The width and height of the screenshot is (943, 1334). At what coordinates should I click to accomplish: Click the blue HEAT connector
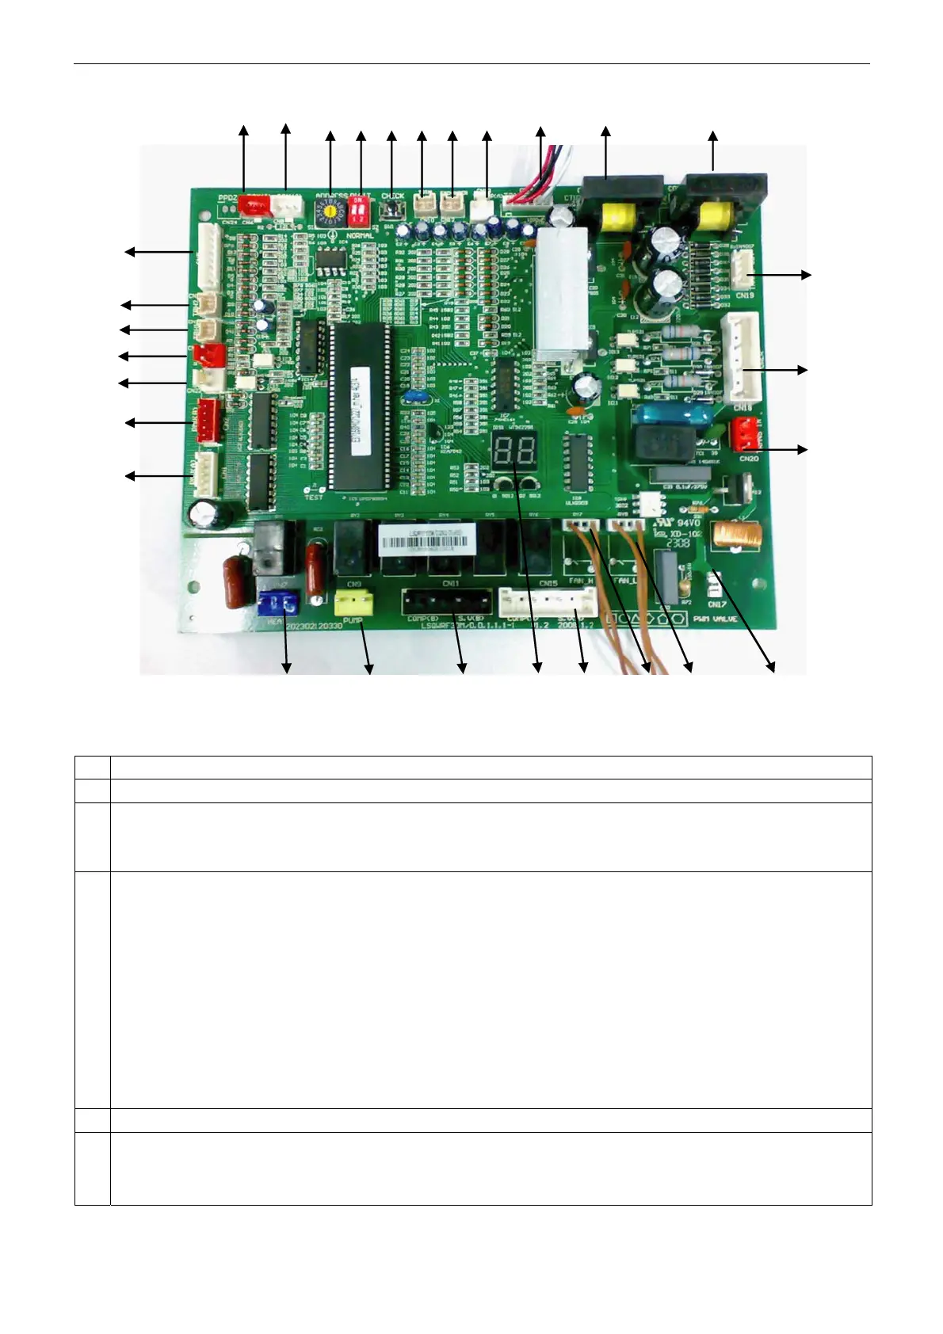coord(277,604)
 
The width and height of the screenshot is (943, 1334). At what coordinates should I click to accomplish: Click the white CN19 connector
coord(743,275)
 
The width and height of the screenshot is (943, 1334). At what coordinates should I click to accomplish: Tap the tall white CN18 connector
coord(741,356)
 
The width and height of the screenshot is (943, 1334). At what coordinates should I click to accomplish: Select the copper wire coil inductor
coord(733,536)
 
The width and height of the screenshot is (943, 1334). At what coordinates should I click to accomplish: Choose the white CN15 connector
coord(548,603)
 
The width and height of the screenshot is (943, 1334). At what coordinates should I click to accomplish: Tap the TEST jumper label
coord(314,497)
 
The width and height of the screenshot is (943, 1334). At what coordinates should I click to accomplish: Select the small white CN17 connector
coord(712,586)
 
